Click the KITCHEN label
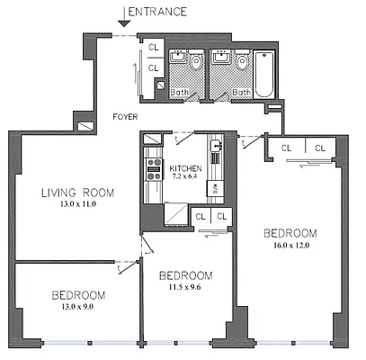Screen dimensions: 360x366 point(186,168)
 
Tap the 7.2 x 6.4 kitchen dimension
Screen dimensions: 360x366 point(186,177)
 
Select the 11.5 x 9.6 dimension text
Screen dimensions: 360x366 point(185,287)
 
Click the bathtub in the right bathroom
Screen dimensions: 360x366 point(267,74)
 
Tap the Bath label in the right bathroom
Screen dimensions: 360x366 point(241,92)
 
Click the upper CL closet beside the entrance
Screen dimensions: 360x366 point(153,47)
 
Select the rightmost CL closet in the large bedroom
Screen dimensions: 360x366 point(320,148)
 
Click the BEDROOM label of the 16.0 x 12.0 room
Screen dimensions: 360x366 point(290,233)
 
